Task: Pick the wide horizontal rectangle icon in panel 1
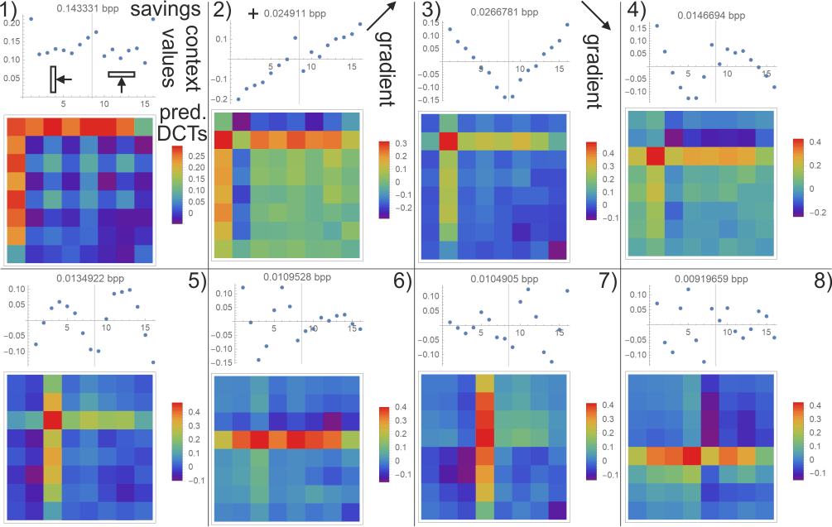(121, 75)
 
